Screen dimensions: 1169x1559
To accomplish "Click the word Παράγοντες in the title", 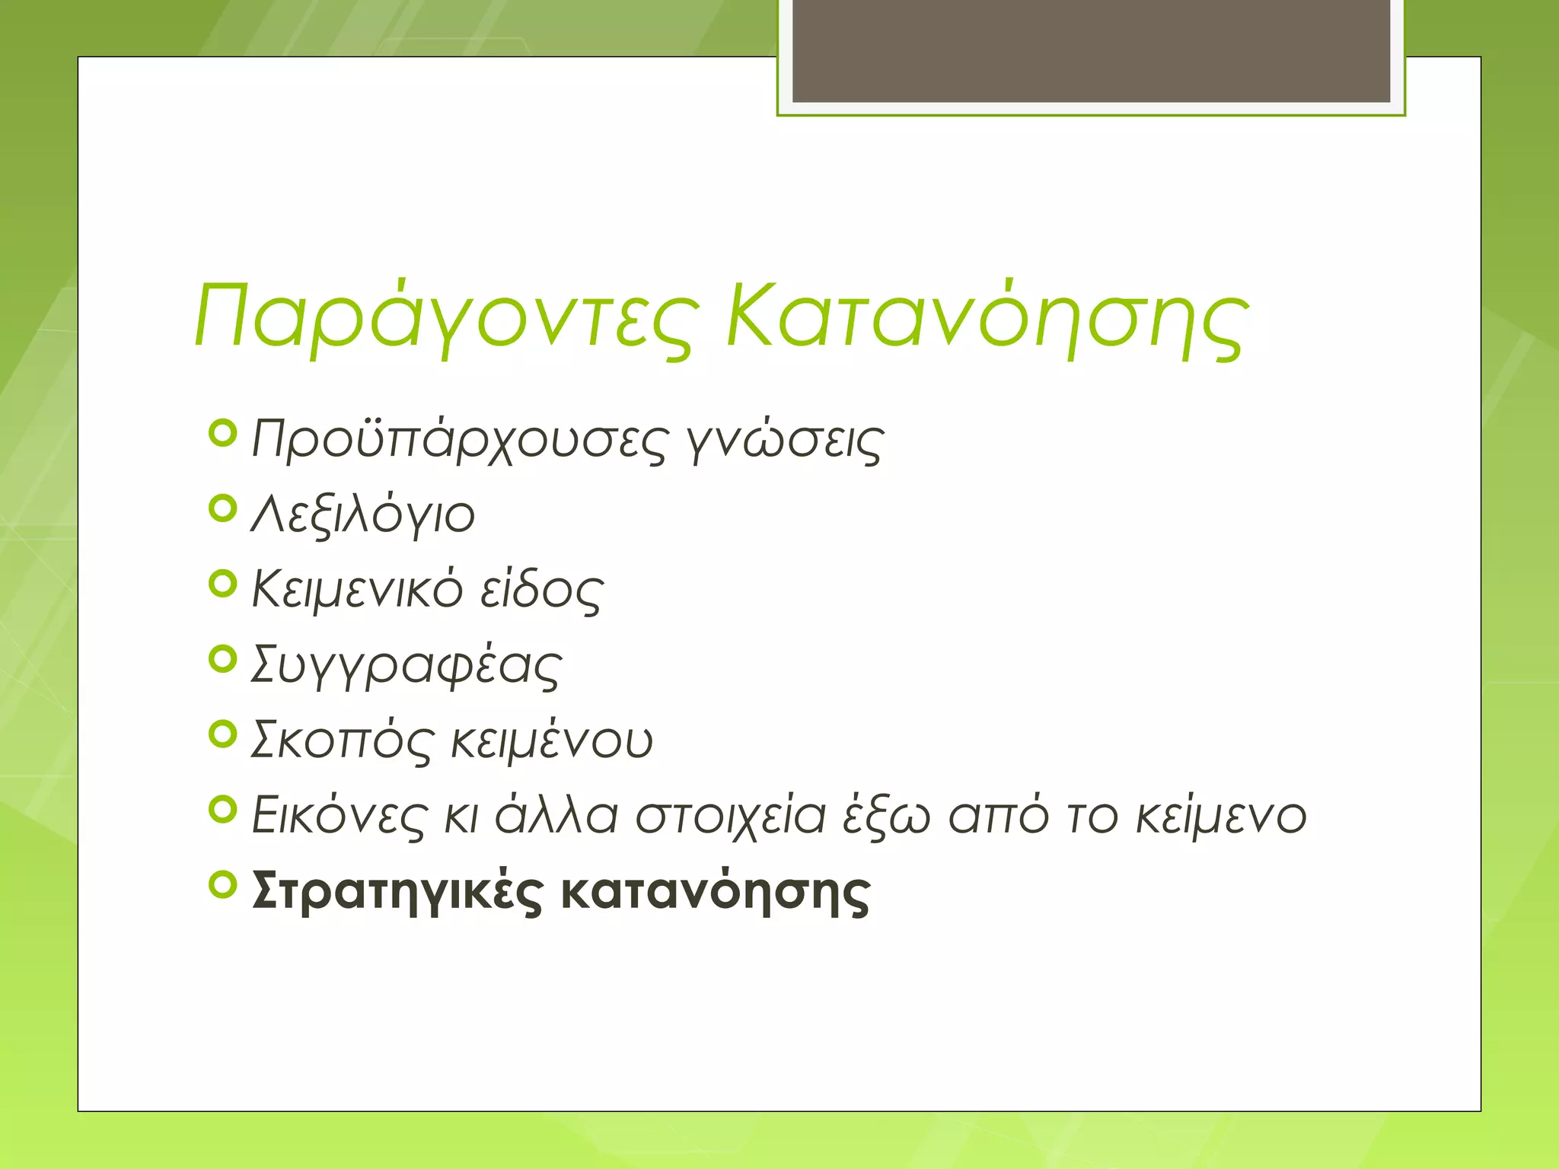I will click(x=445, y=317).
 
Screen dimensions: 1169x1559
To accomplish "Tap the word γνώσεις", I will click(x=784, y=441).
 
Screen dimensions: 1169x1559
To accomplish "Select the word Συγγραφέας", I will click(x=406, y=665).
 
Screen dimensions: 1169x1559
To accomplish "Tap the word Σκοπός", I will click(x=343, y=740).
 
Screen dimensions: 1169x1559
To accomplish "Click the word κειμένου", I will click(x=552, y=740).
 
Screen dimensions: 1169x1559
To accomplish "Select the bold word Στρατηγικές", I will click(x=397, y=890).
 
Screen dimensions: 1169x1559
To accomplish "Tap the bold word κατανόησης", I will click(x=716, y=890).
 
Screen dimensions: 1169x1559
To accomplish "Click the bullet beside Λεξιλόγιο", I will click(x=223, y=508).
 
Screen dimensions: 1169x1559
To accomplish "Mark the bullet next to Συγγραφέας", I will click(x=223, y=659).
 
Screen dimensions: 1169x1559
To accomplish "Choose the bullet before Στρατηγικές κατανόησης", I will click(x=223, y=884).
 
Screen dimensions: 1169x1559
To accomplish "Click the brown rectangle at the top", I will click(x=1091, y=50).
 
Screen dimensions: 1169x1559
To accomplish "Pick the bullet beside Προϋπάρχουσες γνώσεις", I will click(x=223, y=433).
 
